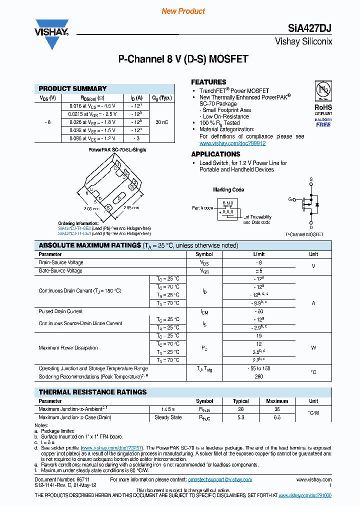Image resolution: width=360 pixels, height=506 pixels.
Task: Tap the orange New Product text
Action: point(183,11)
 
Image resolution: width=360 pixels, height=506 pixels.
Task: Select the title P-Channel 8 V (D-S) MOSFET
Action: point(183,59)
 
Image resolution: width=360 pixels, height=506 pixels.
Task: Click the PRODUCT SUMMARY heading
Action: point(73,88)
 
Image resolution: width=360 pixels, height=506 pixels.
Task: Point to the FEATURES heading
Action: point(208,82)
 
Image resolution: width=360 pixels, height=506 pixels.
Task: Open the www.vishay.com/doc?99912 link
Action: point(232,143)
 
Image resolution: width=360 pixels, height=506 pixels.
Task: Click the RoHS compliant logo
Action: point(323,104)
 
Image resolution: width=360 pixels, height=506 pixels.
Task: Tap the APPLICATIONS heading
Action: point(215,154)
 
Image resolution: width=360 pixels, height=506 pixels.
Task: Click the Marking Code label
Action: point(228,190)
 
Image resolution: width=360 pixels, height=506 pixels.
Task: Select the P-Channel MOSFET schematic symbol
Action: point(308,203)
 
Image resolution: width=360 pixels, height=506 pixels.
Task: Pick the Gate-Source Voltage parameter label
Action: point(60,270)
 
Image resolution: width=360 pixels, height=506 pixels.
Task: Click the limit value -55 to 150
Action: point(258,368)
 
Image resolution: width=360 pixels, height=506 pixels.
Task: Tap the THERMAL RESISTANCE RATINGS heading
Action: point(93,392)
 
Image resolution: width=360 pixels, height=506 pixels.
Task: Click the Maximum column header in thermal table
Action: point(277,401)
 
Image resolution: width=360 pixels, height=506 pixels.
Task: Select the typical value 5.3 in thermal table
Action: point(240,417)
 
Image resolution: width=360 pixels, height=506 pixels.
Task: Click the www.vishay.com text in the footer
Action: point(315,479)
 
